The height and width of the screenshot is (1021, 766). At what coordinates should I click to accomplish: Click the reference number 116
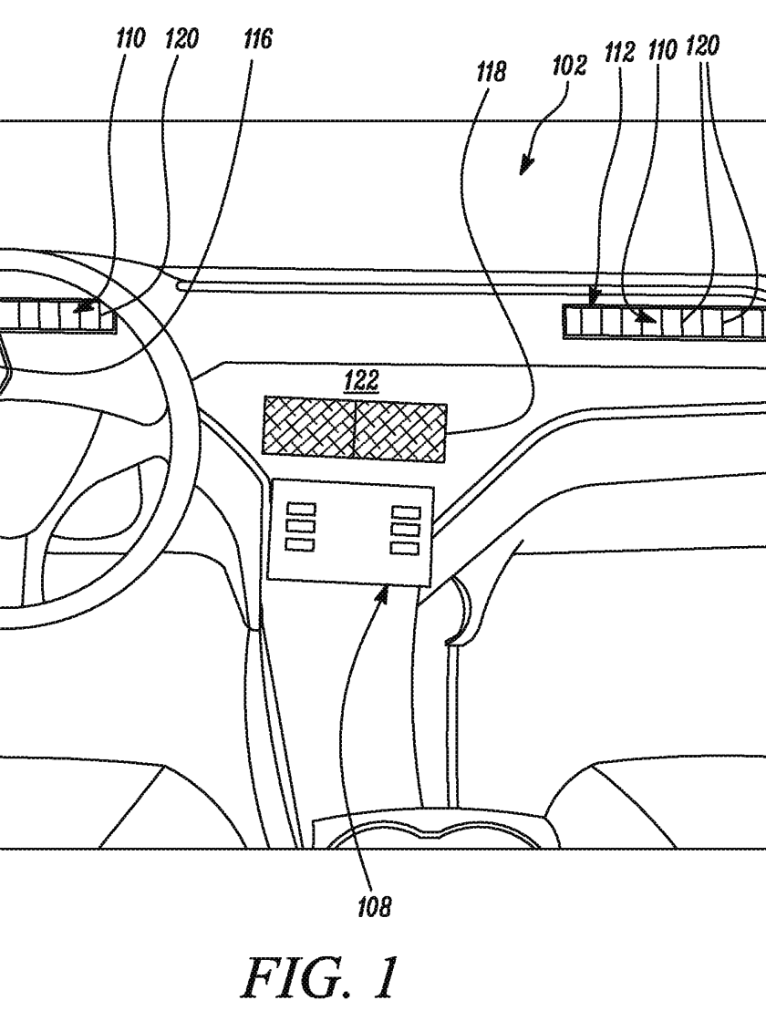click(x=257, y=40)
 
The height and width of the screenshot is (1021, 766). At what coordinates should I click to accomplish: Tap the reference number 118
click(x=491, y=72)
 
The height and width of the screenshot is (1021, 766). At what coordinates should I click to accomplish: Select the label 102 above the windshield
click(x=569, y=66)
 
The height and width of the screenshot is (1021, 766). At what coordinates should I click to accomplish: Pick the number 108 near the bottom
click(x=374, y=906)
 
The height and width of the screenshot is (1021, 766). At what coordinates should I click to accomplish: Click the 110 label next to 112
click(x=662, y=50)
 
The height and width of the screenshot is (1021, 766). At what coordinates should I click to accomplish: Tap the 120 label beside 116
click(x=181, y=40)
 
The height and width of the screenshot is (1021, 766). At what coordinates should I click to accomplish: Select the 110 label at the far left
click(x=130, y=40)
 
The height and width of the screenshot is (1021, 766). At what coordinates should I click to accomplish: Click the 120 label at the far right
click(x=702, y=46)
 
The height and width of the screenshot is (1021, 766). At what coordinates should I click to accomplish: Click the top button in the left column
click(x=300, y=508)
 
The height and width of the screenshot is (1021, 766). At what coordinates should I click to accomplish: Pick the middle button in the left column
click(x=300, y=525)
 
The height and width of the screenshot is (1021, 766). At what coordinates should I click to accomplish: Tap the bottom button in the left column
click(x=300, y=543)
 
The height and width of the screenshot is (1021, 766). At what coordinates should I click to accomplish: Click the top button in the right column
click(x=405, y=513)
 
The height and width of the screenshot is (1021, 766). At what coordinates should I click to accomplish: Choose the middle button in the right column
click(x=405, y=531)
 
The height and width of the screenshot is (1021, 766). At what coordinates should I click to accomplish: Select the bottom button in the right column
click(x=405, y=548)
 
